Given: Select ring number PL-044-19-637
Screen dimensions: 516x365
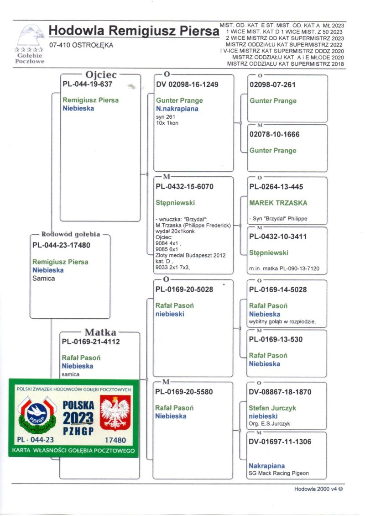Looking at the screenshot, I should (x=87, y=84).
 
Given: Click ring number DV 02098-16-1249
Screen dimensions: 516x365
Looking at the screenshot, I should (x=187, y=84).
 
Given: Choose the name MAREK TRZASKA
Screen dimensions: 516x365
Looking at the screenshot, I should (x=278, y=203).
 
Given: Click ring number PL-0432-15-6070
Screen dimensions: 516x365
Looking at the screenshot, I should (x=184, y=187).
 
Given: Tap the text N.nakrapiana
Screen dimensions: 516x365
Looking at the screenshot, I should (x=177, y=109).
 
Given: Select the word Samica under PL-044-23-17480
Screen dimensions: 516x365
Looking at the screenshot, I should (x=44, y=278).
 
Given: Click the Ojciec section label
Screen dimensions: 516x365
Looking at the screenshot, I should (x=101, y=74).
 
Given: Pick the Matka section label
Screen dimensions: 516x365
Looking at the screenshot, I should (x=100, y=332).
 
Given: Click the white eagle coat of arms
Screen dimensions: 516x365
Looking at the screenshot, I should (x=115, y=412).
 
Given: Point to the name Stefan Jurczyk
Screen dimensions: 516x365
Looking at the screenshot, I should (x=272, y=408).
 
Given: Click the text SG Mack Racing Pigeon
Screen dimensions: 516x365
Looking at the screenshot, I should (x=279, y=474).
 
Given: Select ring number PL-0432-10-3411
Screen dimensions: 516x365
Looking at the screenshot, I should (x=278, y=237).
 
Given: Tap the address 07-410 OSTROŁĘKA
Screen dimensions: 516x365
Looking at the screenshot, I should (x=81, y=45).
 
